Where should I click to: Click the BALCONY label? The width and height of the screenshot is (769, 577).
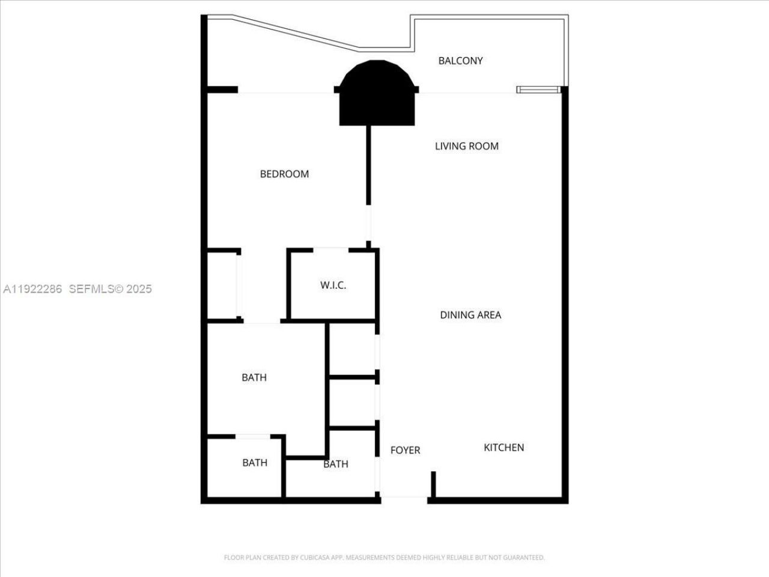460,61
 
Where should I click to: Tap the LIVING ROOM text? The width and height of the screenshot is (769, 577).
466,146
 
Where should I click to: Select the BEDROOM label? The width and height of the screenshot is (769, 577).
284,174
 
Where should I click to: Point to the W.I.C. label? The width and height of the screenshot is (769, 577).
333,285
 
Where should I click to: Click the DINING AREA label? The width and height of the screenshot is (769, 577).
470,315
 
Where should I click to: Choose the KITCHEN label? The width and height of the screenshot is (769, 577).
503,448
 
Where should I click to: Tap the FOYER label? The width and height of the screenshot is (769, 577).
405,450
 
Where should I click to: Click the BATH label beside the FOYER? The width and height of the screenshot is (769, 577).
335,464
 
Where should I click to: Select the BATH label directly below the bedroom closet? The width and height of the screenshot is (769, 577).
254,377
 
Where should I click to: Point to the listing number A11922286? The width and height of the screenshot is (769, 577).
33,289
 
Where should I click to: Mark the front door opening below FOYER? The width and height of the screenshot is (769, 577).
404,498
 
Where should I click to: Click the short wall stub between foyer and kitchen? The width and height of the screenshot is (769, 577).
433,484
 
